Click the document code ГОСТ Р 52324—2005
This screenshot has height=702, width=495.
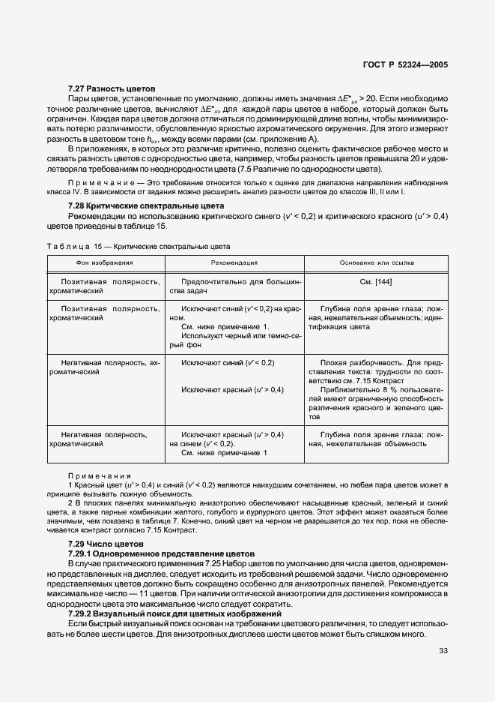(404, 65)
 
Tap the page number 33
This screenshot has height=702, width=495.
(443, 651)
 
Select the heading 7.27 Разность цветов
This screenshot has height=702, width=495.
(111, 88)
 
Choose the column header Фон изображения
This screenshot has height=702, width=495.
(104, 263)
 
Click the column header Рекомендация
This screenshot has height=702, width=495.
(234, 263)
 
